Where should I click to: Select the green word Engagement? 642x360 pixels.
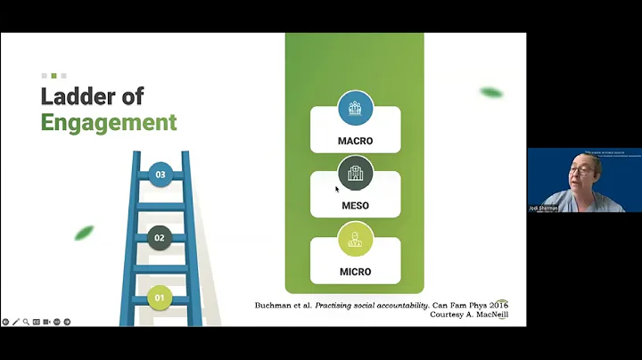109,122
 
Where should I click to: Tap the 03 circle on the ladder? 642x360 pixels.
160,175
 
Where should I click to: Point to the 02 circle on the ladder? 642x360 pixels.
160,238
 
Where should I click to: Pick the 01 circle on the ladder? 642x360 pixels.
160,298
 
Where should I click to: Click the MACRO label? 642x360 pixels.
355,141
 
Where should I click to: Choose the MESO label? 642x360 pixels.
355,206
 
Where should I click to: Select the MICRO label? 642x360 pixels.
355,272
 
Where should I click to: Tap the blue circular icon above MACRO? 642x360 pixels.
355,108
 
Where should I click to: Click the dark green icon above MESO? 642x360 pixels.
355,173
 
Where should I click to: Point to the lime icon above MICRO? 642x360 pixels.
355,239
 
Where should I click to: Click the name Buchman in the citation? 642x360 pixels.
277,305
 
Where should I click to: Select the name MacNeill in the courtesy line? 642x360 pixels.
489,315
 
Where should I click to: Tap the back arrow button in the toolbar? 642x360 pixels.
5,322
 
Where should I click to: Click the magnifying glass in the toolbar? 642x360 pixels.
26,322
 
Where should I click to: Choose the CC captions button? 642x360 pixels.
37,322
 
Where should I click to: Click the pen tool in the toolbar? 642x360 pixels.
16,322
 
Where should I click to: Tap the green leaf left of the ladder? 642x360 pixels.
84,233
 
